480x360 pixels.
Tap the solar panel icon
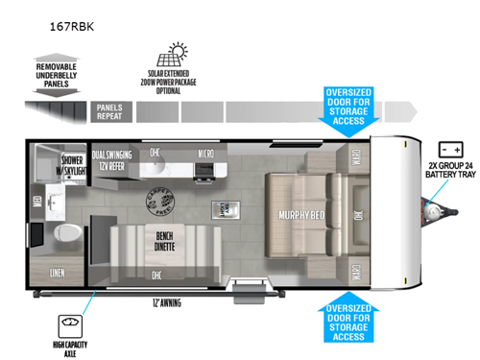click(x=180, y=52)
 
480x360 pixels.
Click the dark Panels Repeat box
click(x=110, y=113)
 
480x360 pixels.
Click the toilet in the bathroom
click(x=68, y=233)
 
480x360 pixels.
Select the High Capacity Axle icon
click(x=69, y=324)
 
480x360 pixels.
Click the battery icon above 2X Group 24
click(x=451, y=151)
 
